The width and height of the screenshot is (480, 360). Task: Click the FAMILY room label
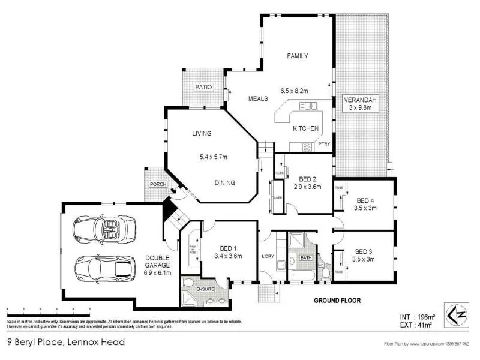(x=298, y=56)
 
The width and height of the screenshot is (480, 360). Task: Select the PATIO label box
(x=204, y=88)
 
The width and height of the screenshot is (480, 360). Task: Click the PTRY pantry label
(x=325, y=144)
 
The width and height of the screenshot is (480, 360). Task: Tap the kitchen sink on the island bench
(x=308, y=107)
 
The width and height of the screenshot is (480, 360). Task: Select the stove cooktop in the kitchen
(x=306, y=146)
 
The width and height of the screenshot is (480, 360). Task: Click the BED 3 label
(x=364, y=251)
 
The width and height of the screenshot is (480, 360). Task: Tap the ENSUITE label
(x=205, y=289)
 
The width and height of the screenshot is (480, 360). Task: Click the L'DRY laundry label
(x=268, y=257)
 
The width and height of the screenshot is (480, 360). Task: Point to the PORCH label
(x=158, y=184)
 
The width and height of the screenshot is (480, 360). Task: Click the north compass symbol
(x=455, y=314)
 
